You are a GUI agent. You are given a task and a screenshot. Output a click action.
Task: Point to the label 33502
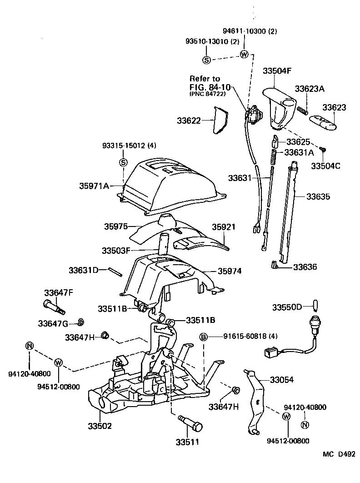click(99, 426)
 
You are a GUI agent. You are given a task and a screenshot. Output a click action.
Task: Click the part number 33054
click(282, 379)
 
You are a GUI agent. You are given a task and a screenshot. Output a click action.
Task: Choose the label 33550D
click(287, 307)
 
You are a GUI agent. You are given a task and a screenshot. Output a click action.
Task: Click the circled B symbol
click(204, 337)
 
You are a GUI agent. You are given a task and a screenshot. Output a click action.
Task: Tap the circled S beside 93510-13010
click(206, 60)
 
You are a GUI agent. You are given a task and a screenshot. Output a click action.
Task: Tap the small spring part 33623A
click(303, 110)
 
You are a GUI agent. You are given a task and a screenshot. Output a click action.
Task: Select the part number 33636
click(305, 267)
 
